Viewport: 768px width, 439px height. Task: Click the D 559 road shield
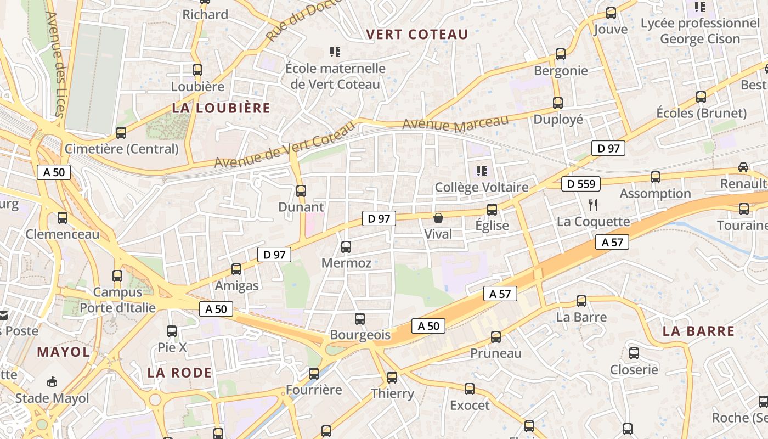(581, 184)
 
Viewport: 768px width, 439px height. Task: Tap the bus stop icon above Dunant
(301, 191)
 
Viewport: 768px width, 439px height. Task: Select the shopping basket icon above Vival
(438, 218)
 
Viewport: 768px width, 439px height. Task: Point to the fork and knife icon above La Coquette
(592, 205)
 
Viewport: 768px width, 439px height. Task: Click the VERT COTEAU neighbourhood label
(417, 35)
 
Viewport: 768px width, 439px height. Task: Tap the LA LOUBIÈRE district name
(221, 108)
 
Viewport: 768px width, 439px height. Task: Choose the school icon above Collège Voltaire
(482, 171)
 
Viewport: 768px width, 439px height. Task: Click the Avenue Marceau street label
(456, 124)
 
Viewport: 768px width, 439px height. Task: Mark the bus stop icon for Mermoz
(346, 247)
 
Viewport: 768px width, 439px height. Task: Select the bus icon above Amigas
(236, 269)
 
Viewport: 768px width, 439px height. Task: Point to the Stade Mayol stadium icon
(52, 382)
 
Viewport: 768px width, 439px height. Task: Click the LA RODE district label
(179, 373)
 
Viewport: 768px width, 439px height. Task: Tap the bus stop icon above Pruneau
(496, 337)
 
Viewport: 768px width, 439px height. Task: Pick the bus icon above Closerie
(634, 353)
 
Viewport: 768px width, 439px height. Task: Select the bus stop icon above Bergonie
(560, 54)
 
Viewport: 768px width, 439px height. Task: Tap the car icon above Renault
(743, 167)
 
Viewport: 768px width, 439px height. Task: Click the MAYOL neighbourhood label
(63, 352)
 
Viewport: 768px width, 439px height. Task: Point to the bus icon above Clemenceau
(63, 218)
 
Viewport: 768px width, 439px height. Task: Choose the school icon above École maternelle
(335, 52)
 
